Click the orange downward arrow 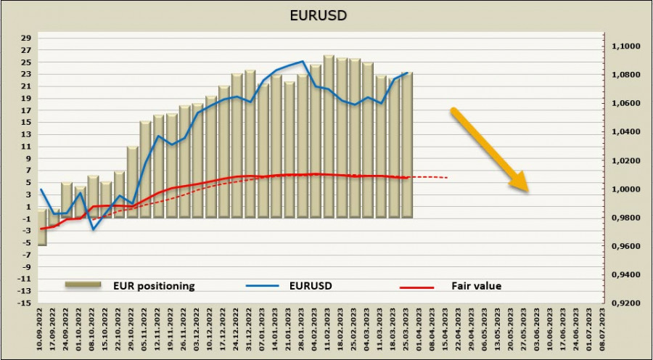pos(489,150)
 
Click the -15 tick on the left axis pos(25,303)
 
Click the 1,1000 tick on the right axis pos(625,46)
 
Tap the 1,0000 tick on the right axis pos(625,189)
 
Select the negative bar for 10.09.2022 pos(41,232)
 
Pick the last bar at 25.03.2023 pos(407,145)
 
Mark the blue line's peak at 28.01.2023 pos(303,61)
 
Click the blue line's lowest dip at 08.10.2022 pos(93,229)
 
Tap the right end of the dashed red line pos(448,178)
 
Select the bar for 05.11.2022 pos(145,169)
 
